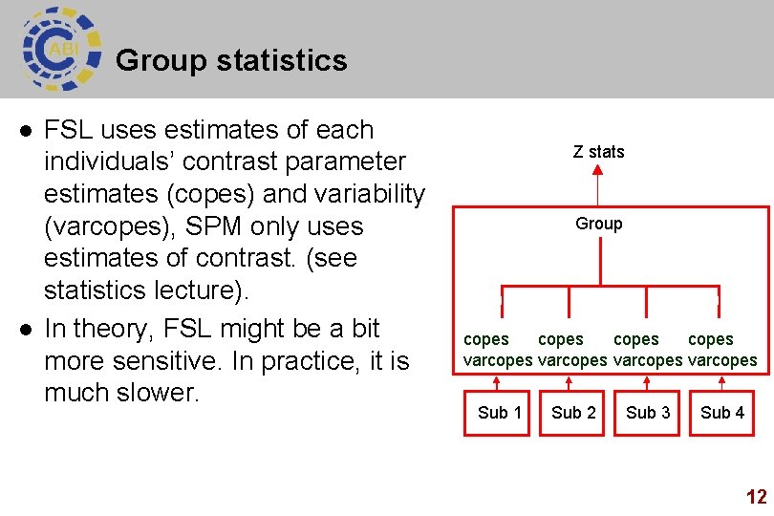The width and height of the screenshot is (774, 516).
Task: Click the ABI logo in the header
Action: [59, 49]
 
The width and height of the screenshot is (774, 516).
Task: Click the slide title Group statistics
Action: [230, 61]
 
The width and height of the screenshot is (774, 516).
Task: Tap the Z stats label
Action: [598, 151]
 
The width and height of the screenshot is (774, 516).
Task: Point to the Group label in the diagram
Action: [598, 224]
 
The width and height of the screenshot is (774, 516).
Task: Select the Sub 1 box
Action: [499, 413]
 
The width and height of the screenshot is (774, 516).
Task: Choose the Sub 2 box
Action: [573, 413]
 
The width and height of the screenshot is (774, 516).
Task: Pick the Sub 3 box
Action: [648, 413]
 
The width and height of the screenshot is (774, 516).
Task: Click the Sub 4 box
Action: [722, 413]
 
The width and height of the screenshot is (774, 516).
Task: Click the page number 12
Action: [756, 497]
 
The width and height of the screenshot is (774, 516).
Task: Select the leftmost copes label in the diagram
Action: [486, 339]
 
